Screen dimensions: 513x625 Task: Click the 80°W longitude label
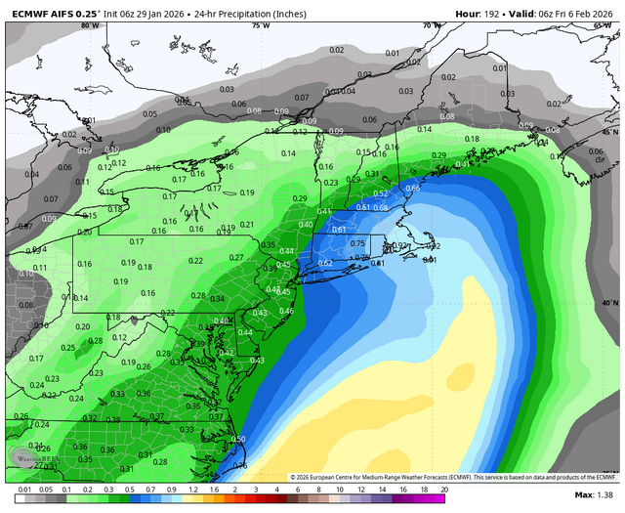[90, 25]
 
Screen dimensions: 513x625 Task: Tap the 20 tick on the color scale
[444, 489]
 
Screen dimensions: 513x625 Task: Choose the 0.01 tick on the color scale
[21, 489]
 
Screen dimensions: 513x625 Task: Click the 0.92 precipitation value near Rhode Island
[400, 246]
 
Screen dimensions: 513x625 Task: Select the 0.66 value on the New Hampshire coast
[413, 188]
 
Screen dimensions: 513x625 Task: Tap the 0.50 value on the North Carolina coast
[238, 439]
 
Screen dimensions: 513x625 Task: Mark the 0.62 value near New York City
[325, 263]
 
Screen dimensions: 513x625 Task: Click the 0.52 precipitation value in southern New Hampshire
[381, 193]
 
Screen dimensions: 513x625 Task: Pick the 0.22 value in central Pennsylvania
[196, 260]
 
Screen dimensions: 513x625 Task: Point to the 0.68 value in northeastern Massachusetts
[381, 207]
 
